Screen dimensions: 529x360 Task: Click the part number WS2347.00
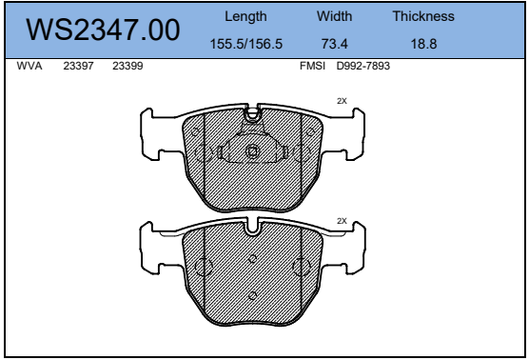coord(103,30)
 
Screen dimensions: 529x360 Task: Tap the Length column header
coord(245,16)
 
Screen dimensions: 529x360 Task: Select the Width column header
coord(334,16)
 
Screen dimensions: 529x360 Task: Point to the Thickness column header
coord(423,16)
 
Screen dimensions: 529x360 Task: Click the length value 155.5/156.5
coord(245,44)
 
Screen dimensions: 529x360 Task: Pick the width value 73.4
coord(334,44)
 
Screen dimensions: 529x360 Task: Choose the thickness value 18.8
coord(423,44)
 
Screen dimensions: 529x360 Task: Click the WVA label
coord(29,66)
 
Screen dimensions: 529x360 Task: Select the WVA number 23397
coord(78,66)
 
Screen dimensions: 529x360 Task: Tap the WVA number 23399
coord(127,66)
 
